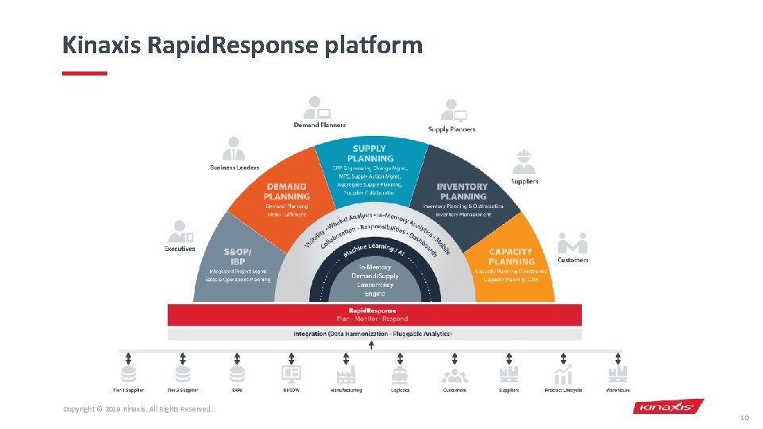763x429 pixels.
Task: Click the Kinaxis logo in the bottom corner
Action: click(668, 407)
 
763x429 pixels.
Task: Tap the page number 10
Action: click(744, 417)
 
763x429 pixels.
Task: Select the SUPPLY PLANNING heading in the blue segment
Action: click(369, 153)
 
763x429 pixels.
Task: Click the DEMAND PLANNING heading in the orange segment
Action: click(287, 191)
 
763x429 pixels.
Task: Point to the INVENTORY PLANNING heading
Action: click(463, 191)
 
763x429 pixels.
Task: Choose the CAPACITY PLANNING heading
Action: click(511, 257)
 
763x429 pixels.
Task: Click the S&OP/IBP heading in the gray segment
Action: click(238, 257)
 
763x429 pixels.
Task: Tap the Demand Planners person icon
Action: click(317, 106)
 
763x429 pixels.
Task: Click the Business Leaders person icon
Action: click(233, 149)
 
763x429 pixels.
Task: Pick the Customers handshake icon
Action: click(572, 242)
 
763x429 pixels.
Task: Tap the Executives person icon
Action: click(180, 231)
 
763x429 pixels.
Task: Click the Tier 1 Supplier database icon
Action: click(128, 374)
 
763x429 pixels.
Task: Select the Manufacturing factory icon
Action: click(346, 374)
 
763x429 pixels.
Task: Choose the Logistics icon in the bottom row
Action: click(400, 374)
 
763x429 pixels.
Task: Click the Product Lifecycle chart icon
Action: click(564, 374)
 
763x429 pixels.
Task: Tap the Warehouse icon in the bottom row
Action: click(618, 374)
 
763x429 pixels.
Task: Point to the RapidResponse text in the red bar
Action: click(373, 310)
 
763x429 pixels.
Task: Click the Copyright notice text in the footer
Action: click(137, 409)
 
